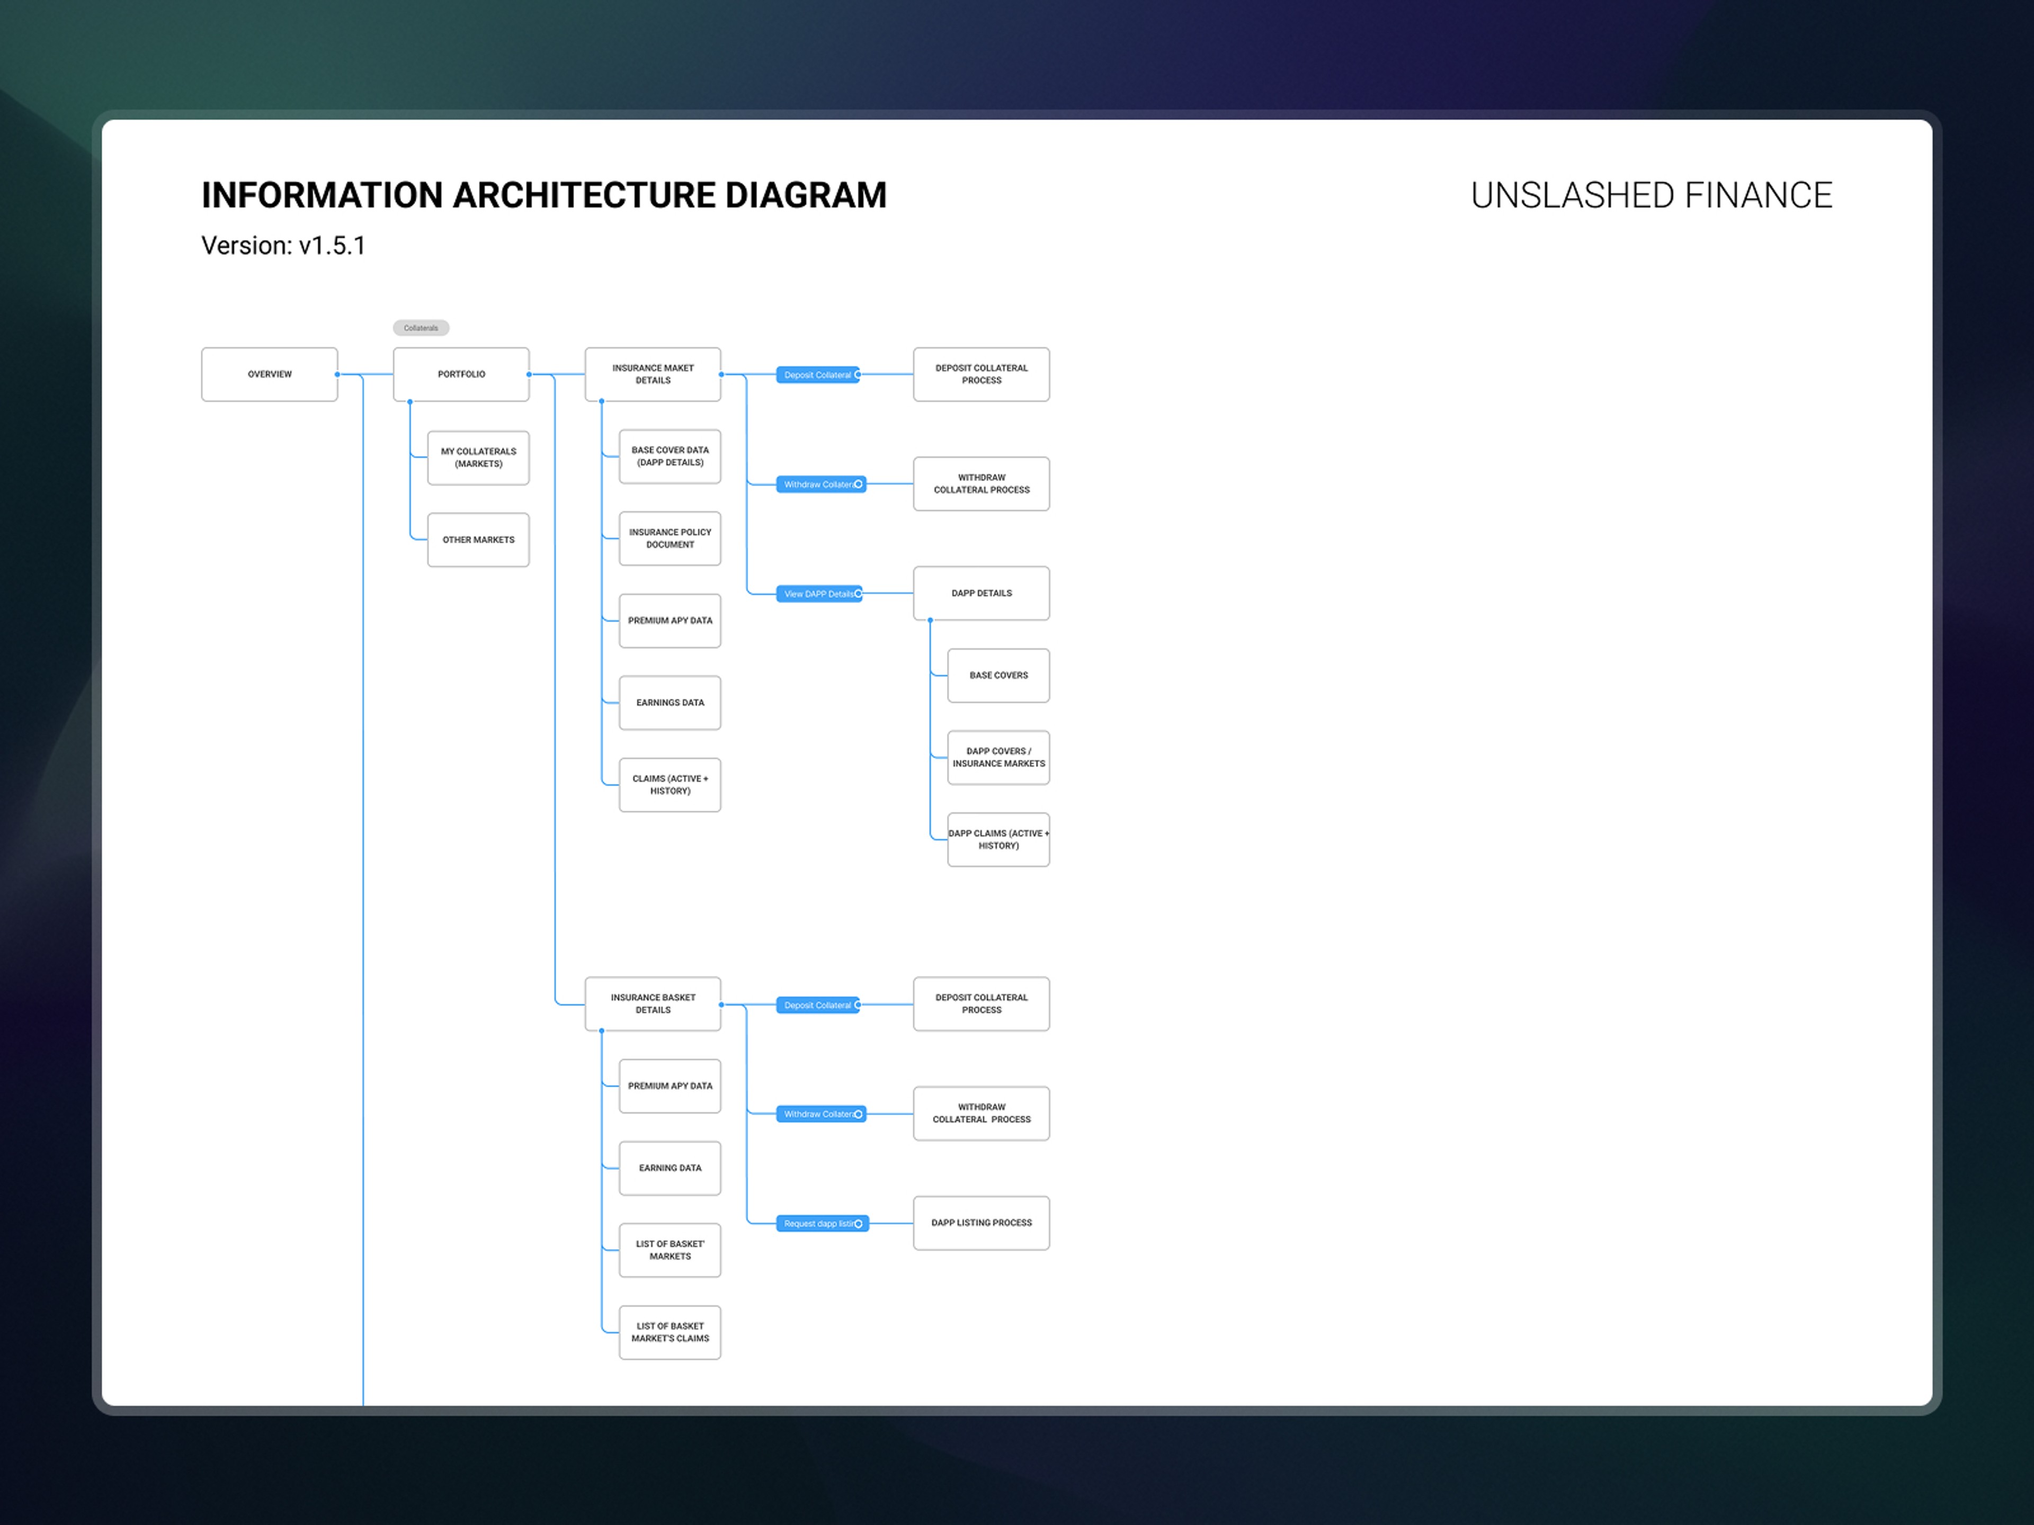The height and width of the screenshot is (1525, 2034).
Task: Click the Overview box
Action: pos(270,374)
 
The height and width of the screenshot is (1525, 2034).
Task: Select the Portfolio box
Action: pos(461,374)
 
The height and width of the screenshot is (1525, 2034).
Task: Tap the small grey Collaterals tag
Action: pos(421,328)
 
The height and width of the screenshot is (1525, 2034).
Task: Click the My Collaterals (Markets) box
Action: pos(478,458)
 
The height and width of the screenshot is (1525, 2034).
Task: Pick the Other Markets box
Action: pos(478,540)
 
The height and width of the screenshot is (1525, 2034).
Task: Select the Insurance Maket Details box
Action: pos(653,374)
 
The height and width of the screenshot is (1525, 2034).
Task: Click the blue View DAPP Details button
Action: pos(818,594)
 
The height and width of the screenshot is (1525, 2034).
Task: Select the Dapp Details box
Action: pos(981,594)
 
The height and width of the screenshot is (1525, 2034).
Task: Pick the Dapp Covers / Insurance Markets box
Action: pos(998,757)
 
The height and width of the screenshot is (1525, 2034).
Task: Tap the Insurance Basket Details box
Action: pos(653,1004)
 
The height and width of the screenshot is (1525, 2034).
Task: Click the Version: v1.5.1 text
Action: pos(283,246)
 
